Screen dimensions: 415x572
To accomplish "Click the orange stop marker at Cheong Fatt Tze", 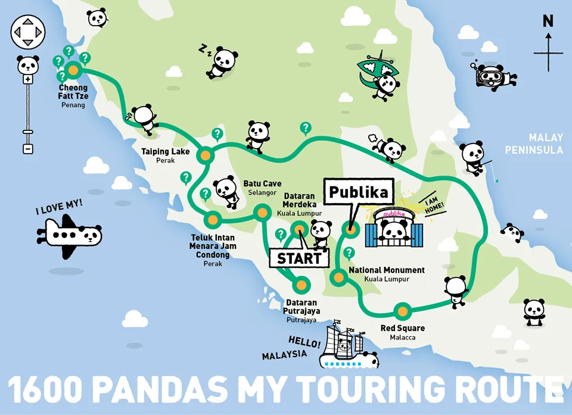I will pyautogui.click(x=73, y=70).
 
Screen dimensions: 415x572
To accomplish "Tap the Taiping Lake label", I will pyautogui.click(x=165, y=152).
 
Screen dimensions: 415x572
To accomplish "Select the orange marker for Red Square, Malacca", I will pyautogui.click(x=403, y=311).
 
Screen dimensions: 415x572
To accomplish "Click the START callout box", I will pyautogui.click(x=299, y=258).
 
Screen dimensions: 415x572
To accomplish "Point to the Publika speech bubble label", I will pyautogui.click(x=359, y=192).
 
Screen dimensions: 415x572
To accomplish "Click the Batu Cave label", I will pyautogui.click(x=262, y=184).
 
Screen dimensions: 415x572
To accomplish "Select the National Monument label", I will pyautogui.click(x=387, y=270).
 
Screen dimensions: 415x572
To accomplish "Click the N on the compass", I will pyautogui.click(x=548, y=21).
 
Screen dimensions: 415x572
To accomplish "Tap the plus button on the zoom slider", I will pyautogui.click(x=27, y=79).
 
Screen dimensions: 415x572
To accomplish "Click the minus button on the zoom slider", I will pyautogui.click(x=27, y=148).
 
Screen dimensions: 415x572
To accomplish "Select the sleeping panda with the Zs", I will pyautogui.click(x=223, y=61).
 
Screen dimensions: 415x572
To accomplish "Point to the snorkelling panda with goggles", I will pyautogui.click(x=493, y=77).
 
